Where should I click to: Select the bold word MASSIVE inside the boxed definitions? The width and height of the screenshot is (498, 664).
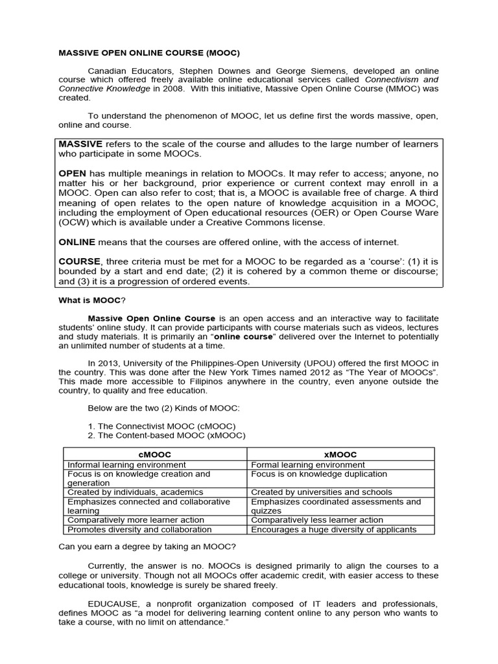point(81,143)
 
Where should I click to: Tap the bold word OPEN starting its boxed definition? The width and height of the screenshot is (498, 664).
point(73,173)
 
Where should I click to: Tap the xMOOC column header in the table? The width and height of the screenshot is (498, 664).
point(340,455)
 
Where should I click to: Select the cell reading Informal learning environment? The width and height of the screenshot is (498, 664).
point(126,464)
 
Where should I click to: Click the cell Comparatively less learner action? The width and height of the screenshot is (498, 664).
point(316,520)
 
